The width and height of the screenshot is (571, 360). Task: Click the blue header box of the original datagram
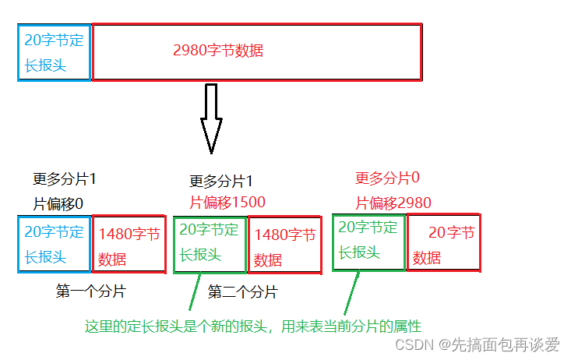[55, 52]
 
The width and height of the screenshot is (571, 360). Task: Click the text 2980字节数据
[218, 51]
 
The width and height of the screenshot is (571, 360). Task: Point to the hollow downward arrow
[210, 117]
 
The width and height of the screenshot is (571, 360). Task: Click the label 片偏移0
[58, 203]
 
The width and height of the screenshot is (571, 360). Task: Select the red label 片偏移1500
[227, 203]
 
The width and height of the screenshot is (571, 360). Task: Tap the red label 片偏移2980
[393, 203]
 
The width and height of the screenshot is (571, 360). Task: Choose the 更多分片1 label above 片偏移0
[65, 179]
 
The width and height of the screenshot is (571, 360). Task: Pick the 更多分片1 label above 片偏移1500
[221, 182]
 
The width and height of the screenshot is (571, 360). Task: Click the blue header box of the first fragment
[55, 244]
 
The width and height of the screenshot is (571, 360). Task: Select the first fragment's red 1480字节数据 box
[129, 245]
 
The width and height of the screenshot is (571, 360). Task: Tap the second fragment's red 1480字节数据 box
[285, 245]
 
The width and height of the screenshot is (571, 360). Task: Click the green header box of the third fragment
[369, 242]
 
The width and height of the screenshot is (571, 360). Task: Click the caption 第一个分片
[90, 291]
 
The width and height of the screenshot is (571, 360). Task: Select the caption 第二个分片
[242, 292]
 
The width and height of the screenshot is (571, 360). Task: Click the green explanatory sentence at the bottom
[253, 326]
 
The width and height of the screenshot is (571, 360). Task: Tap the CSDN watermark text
[477, 344]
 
